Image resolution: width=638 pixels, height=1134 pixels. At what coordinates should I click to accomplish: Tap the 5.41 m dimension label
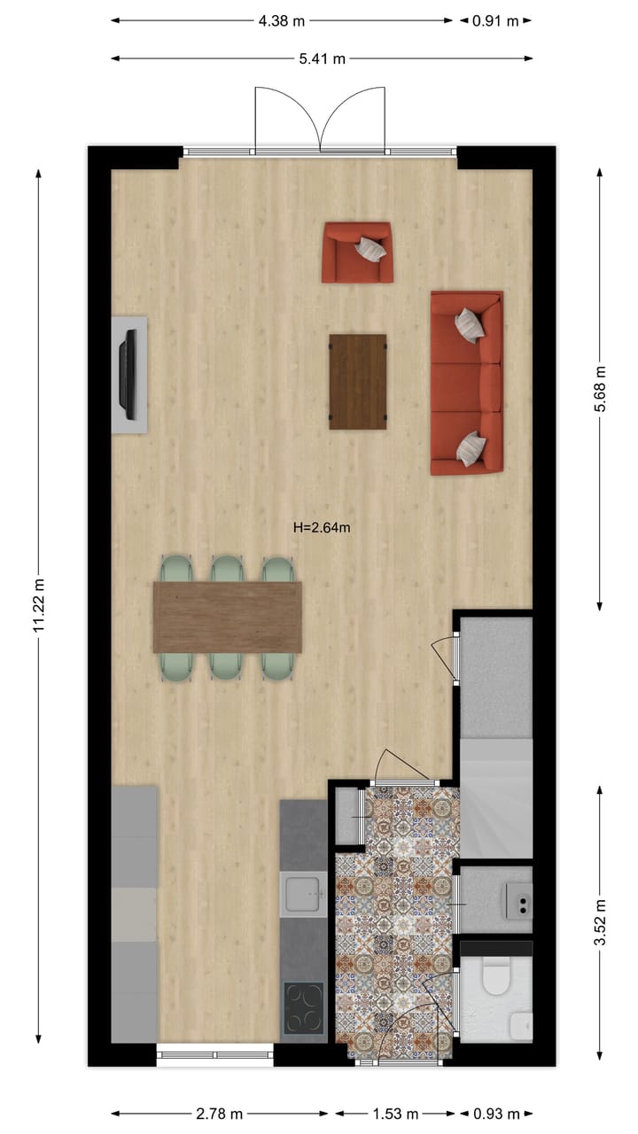(x=322, y=59)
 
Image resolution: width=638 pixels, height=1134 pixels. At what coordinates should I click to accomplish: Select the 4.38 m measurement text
(x=281, y=21)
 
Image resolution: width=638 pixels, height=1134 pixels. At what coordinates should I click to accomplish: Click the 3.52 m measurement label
(x=600, y=923)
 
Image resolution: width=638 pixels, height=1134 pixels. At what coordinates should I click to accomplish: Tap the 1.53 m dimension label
(x=395, y=1114)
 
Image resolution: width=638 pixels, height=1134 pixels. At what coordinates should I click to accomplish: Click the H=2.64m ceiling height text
(x=322, y=528)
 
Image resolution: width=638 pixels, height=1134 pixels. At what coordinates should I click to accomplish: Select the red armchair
(x=357, y=252)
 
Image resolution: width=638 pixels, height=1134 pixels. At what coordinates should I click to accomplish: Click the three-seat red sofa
(x=467, y=383)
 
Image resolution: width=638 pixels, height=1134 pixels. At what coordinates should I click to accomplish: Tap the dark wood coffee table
(x=358, y=382)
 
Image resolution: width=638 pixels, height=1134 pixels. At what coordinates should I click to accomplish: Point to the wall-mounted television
(x=129, y=375)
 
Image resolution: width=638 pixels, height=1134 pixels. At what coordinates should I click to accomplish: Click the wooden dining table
(x=228, y=617)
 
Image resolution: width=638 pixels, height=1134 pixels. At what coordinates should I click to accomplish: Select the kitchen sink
(x=303, y=895)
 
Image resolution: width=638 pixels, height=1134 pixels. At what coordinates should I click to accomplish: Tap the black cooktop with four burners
(x=303, y=1008)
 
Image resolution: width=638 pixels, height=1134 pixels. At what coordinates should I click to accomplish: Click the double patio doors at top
(x=320, y=121)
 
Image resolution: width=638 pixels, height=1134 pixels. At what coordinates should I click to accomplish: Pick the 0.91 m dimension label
(x=495, y=21)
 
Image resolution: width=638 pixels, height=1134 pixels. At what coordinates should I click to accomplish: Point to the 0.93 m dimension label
(x=495, y=1114)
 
